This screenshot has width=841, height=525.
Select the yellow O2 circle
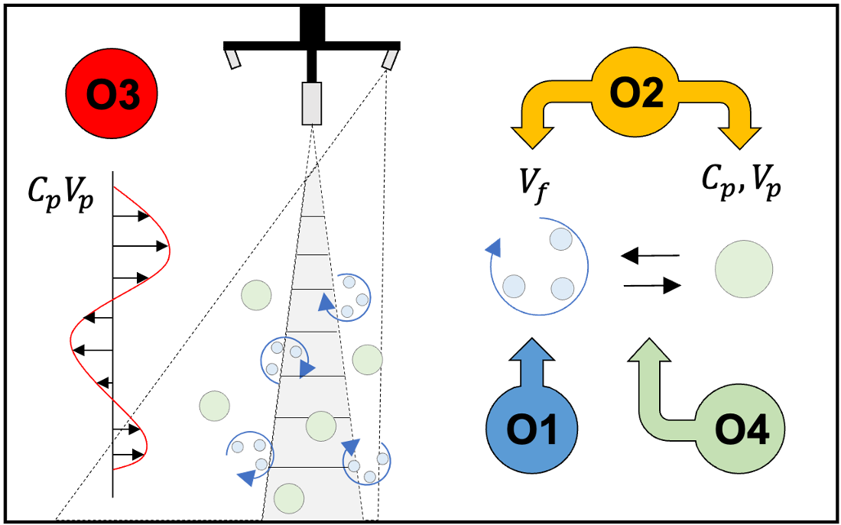pos(635,93)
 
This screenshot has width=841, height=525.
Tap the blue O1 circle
pos(531,429)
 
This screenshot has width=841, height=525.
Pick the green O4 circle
pos(740,429)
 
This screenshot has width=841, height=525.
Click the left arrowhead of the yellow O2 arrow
pos(532,138)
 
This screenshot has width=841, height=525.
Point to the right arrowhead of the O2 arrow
pos(739,138)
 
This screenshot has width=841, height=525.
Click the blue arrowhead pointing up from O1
pos(531,351)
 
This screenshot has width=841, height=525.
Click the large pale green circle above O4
pos(744,270)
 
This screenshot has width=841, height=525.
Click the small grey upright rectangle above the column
pos(311,103)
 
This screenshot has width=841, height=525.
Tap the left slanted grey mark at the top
pos(232,59)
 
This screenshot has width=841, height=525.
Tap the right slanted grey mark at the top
pos(391,60)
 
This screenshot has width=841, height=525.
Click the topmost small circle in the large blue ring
pos(560,239)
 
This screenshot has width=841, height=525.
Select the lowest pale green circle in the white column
pos(289,498)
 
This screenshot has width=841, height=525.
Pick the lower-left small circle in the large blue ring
pos(514,287)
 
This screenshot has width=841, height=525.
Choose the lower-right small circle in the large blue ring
pos(562,288)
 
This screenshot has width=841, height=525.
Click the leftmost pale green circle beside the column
pos(214,406)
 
